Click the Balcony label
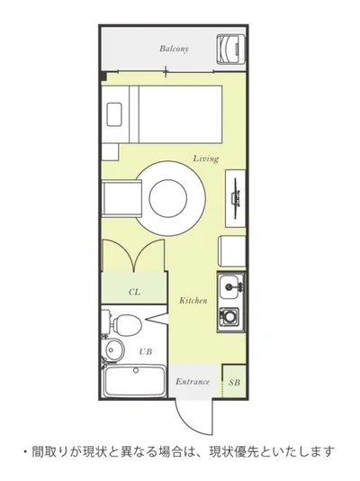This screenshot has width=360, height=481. pyautogui.click(x=174, y=49)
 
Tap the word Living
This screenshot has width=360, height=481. pyautogui.click(x=206, y=159)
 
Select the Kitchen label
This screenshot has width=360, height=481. pyautogui.click(x=193, y=300)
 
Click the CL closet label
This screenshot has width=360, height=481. pyautogui.click(x=134, y=292)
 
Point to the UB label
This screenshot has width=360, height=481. pyautogui.click(x=146, y=351)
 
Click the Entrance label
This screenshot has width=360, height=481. pyautogui.click(x=193, y=382)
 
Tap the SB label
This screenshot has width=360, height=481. pyautogui.click(x=234, y=383)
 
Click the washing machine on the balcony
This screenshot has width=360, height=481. pyautogui.click(x=231, y=49)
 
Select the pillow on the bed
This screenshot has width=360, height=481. pyautogui.click(x=114, y=114)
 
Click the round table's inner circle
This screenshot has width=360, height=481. pyautogui.click(x=168, y=198)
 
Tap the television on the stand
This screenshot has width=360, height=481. pyautogui.click(x=236, y=198)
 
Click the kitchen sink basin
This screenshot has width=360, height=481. pyautogui.click(x=229, y=286)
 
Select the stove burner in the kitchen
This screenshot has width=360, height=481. pyautogui.click(x=229, y=317)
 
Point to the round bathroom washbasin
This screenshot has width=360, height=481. pyautogui.click(x=114, y=349)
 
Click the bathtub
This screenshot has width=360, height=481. pyautogui.click(x=134, y=381)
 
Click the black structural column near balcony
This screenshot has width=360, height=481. pyautogui.click(x=103, y=76)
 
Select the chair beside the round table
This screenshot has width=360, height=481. pyautogui.click(x=122, y=198)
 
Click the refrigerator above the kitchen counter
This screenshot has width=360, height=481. pyautogui.click(x=232, y=251)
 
